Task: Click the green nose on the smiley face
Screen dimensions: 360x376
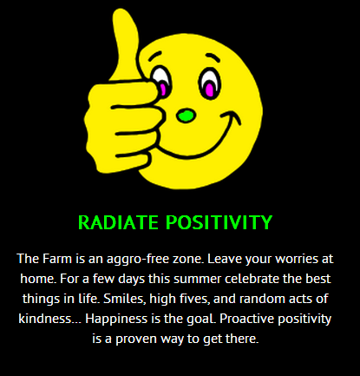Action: (186, 115)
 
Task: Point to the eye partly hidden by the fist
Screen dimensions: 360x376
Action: (160, 82)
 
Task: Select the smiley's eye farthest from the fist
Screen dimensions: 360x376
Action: (210, 83)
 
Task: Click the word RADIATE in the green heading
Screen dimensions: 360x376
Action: (118, 222)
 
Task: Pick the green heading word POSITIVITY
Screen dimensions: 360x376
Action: (219, 222)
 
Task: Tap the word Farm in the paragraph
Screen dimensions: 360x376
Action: (57, 259)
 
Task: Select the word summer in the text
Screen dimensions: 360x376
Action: (198, 279)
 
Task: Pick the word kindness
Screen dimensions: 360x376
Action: (45, 319)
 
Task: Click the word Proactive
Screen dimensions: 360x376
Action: (246, 319)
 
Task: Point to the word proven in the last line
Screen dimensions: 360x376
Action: (136, 340)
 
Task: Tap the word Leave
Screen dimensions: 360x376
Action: (225, 259)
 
